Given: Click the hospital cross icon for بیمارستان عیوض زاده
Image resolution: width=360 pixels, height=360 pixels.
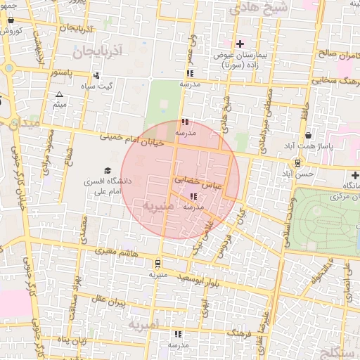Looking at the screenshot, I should tap(240, 44).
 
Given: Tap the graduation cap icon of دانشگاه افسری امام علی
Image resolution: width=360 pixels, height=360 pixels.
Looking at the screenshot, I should tap(108, 171).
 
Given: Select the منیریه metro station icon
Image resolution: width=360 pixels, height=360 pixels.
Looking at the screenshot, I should tap(158, 264).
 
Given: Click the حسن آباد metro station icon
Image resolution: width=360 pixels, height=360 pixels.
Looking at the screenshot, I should tap(298, 163).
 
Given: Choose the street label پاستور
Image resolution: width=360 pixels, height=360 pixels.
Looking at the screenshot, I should tap(63, 72).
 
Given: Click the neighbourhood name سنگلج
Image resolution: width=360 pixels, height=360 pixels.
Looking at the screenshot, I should tap(337, 350).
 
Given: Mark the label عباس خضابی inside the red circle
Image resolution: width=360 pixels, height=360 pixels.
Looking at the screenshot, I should tap(202, 181).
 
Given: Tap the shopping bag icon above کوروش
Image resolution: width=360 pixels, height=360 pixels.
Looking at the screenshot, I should tap(11, 20).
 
